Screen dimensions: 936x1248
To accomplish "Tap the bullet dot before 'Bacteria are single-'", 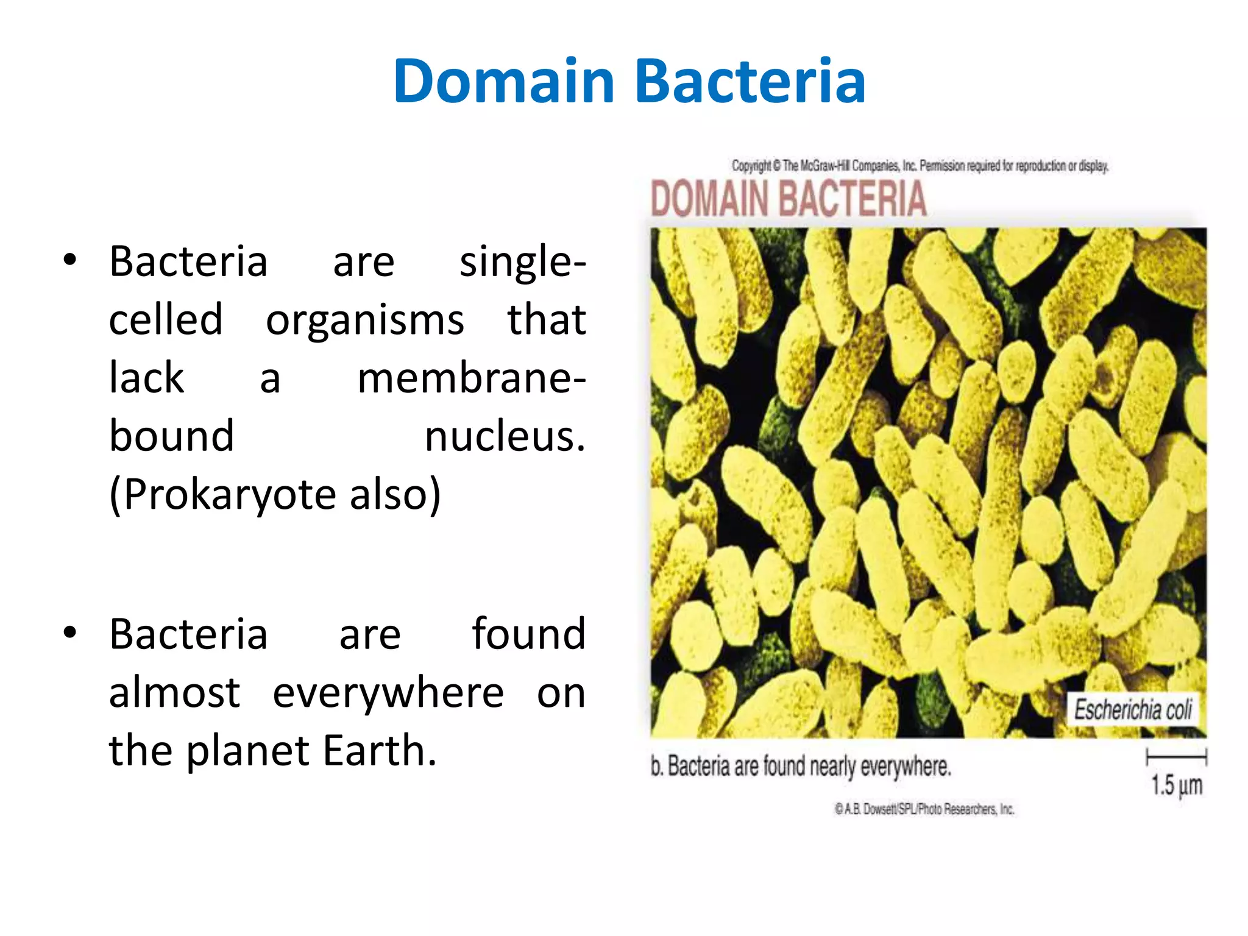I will coord(70,260).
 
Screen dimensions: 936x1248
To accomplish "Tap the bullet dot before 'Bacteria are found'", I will coord(70,633).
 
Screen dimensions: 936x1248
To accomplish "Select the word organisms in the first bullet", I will coord(364,321).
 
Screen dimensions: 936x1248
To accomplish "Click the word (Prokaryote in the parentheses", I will coord(222,494).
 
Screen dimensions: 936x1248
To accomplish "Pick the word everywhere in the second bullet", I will coord(388,693).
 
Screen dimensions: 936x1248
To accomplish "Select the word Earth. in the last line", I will coord(379,751).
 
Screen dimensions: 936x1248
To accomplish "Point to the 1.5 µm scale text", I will coord(1176,785).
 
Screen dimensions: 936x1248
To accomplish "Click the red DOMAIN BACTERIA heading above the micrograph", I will coord(789,199).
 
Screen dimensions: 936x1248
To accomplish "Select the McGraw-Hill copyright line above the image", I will coord(920,166).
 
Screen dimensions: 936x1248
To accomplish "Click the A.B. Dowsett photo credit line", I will coord(924,809).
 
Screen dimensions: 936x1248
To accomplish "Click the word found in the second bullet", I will coord(528,634).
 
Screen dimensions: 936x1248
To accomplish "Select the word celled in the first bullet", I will coord(166,319).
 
